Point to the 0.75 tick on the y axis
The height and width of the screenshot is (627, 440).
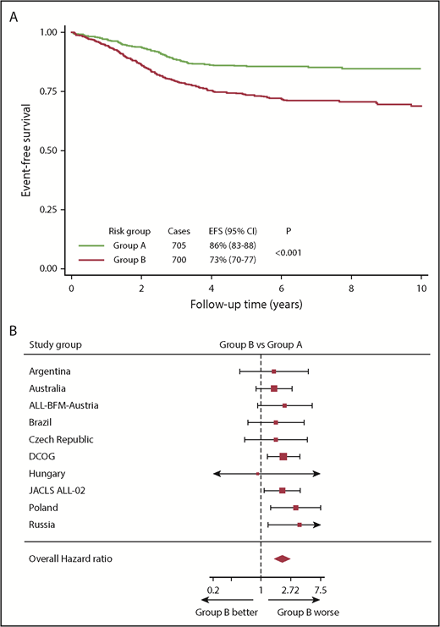(x=53, y=91)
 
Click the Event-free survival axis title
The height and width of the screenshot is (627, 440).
(x=26, y=151)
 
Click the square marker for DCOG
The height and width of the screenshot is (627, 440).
(x=283, y=457)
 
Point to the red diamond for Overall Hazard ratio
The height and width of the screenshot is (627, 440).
(x=282, y=558)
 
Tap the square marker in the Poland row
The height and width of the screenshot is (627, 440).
(x=295, y=508)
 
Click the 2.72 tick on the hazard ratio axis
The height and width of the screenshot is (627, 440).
(x=289, y=589)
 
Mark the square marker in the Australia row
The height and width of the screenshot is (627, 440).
(x=274, y=388)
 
